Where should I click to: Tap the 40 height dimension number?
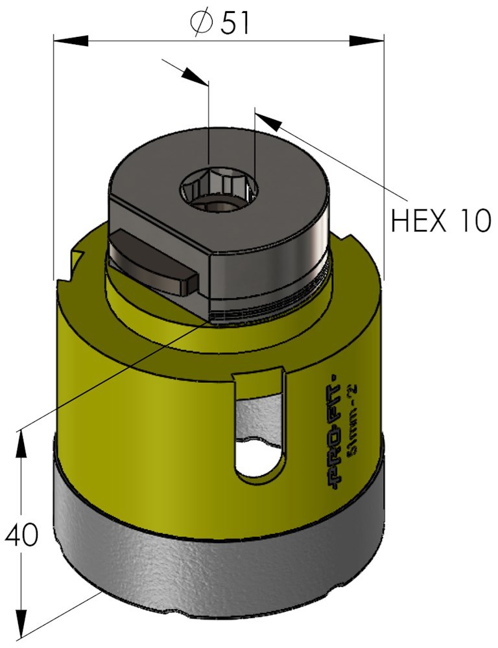tap(21, 535)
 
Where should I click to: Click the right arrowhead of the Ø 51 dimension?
tap(366, 41)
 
